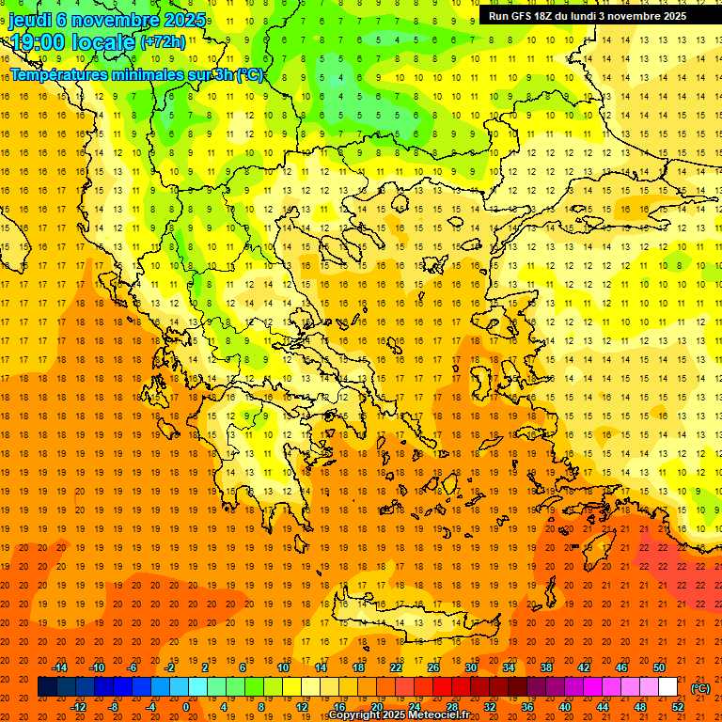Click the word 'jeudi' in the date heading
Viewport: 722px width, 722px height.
tap(29, 20)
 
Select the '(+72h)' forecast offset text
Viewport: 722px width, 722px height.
tap(164, 42)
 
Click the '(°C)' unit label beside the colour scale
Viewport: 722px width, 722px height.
tap(700, 687)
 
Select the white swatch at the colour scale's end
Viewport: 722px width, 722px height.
tap(668, 687)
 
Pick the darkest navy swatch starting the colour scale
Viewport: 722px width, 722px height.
tap(47, 687)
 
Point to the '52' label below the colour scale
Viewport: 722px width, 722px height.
tap(678, 706)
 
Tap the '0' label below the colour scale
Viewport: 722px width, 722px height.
tap(186, 706)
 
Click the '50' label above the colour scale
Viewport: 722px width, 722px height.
tap(660, 667)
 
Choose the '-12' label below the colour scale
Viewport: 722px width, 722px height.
tap(78, 706)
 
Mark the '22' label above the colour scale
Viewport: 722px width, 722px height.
tap(396, 667)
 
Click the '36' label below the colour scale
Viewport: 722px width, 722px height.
tap(527, 706)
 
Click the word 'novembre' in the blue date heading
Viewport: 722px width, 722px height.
tap(114, 20)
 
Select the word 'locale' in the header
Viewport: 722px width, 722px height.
tap(102, 42)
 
